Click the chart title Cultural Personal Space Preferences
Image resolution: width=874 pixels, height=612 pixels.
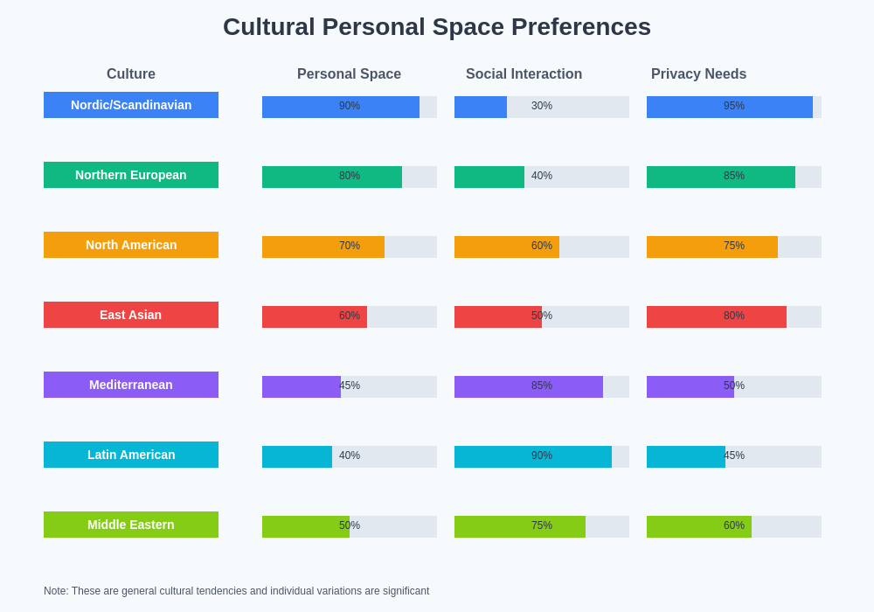[x=437, y=27]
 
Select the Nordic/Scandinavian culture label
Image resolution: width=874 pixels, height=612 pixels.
[x=131, y=105]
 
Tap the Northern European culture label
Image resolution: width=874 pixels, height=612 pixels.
[x=131, y=175]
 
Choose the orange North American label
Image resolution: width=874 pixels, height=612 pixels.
[x=131, y=245]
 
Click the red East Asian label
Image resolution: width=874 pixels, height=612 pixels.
[x=131, y=315]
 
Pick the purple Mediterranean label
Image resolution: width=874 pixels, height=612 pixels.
[x=131, y=385]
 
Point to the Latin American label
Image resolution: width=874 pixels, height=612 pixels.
[x=131, y=455]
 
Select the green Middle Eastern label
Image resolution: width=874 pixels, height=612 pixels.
[x=131, y=525]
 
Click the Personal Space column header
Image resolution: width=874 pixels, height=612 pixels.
[x=349, y=74]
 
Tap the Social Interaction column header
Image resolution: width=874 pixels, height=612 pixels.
[x=524, y=74]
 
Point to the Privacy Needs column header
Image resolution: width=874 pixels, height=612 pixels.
[x=698, y=74]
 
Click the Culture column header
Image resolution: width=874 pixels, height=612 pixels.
[x=131, y=74]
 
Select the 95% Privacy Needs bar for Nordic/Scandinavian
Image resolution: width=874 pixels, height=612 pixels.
[x=730, y=107]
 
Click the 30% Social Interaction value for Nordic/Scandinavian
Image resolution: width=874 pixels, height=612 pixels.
[x=542, y=106]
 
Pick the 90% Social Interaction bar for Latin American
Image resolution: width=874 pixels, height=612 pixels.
[x=533, y=456]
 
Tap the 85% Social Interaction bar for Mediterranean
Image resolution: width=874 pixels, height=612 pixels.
[x=529, y=386]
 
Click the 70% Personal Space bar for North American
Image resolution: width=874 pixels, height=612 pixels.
[x=323, y=247]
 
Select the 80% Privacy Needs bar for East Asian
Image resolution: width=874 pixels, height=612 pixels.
[x=717, y=316]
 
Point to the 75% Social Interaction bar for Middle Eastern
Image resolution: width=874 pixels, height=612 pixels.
[x=520, y=526]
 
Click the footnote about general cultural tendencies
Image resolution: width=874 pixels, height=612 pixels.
[x=236, y=591]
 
